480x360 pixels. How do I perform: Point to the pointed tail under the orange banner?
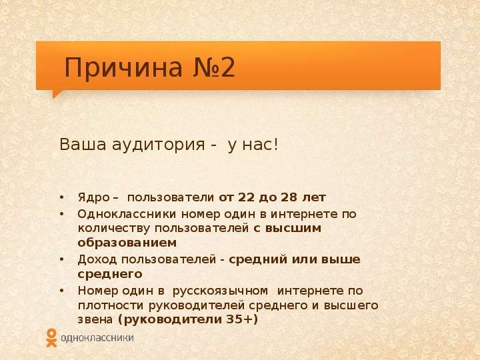pyautogui.click(x=57, y=94)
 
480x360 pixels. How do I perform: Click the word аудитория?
pyautogui.click(x=158, y=145)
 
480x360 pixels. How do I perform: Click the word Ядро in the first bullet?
pyautogui.click(x=93, y=198)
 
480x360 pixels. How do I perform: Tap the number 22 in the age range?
pyautogui.click(x=246, y=197)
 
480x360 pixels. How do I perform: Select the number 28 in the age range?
pyautogui.click(x=289, y=197)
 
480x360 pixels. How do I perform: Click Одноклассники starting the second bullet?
pyautogui.click(x=127, y=214)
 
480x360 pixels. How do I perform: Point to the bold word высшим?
pyautogui.click(x=293, y=229)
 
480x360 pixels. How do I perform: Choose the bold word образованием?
pyautogui.click(x=127, y=243)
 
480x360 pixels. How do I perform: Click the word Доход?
pyautogui.click(x=97, y=259)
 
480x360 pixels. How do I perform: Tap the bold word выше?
pyautogui.click(x=341, y=259)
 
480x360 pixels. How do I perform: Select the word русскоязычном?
pyautogui.click(x=220, y=291)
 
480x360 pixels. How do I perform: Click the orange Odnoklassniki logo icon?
pyautogui.click(x=51, y=337)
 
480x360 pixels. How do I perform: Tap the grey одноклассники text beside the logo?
pyautogui.click(x=97, y=338)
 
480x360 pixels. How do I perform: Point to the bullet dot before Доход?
pyautogui.click(x=62, y=260)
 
